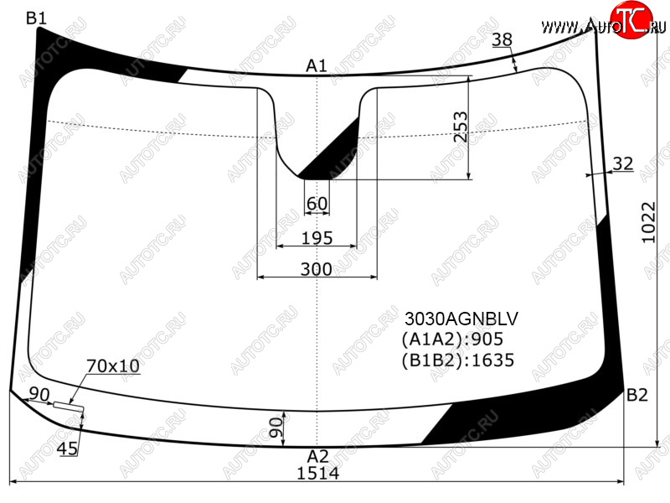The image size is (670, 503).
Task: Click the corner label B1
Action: click(36, 18)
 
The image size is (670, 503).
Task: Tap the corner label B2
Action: click(636, 395)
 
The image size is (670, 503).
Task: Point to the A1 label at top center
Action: click(317, 66)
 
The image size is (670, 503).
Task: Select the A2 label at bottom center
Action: click(317, 456)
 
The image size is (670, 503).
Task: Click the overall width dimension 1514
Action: click(318, 474)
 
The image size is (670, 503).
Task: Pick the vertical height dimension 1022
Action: click(648, 222)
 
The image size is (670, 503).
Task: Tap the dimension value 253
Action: click(461, 127)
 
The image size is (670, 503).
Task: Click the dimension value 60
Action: click(317, 204)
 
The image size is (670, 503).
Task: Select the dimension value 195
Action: click(317, 238)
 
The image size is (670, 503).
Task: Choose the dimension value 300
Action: click(317, 269)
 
